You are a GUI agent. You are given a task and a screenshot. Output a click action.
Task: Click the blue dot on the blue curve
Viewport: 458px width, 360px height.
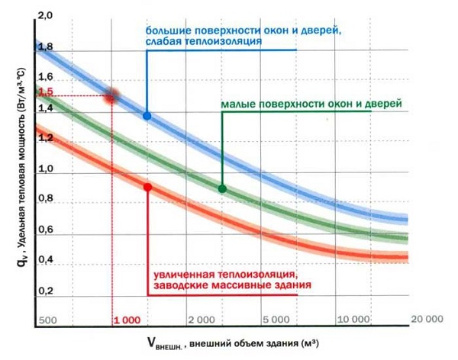pos(147,116)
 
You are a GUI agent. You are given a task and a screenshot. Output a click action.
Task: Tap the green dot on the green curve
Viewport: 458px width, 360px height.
pos(222,188)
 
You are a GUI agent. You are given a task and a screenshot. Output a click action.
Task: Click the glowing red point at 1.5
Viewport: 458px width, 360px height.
pos(113,95)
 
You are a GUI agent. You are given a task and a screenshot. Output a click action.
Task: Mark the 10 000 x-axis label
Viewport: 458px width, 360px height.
pos(352,319)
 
